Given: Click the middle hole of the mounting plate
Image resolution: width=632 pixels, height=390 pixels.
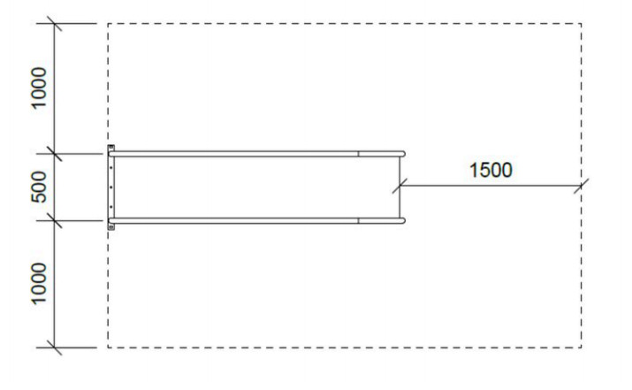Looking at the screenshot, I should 111,187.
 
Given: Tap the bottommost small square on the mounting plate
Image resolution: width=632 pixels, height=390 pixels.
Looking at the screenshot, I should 111,227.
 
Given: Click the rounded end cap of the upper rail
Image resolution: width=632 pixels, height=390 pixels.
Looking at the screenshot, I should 402,154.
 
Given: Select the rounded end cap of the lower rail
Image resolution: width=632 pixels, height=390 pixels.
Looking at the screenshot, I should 402,219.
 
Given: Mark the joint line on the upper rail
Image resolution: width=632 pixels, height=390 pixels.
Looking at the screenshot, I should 358,154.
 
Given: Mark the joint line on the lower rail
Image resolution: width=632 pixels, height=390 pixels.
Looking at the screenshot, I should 358,219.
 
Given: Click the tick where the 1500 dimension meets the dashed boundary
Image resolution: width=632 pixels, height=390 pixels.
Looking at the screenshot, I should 581,186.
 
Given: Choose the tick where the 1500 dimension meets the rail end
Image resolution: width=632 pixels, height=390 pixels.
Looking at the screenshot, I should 398,186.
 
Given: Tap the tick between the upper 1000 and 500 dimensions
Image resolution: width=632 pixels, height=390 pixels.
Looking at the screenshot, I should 56,155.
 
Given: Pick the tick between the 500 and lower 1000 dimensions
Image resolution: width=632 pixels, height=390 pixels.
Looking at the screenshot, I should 56,219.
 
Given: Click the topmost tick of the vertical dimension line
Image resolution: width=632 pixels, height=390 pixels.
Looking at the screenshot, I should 56,24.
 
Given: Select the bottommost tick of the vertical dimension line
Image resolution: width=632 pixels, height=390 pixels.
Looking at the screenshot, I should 56,348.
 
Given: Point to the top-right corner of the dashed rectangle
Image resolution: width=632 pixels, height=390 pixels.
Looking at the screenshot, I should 581,24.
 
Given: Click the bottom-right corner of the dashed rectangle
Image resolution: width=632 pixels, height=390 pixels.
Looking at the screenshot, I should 581,348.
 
